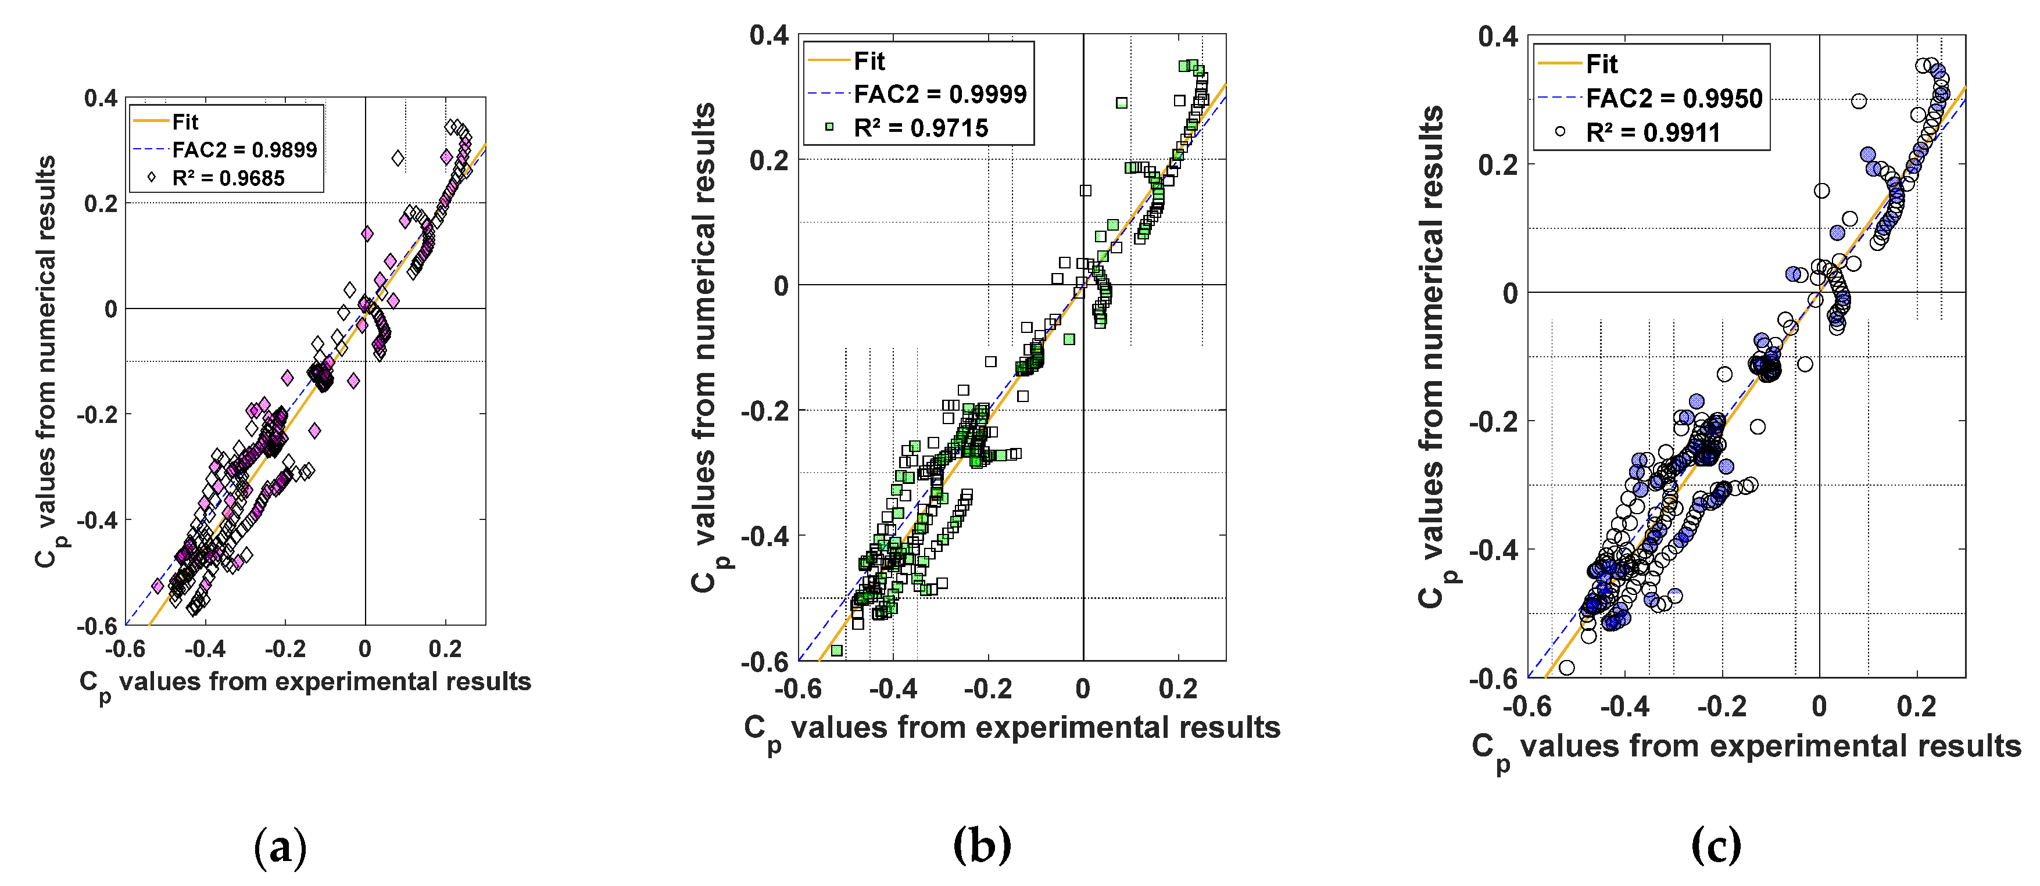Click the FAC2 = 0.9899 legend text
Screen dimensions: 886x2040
coord(244,150)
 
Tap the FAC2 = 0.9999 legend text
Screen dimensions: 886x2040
coord(939,94)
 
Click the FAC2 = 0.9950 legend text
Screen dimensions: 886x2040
coord(1674,98)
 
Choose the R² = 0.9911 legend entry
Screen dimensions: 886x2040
coord(1653,132)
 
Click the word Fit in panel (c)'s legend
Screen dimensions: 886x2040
coord(1601,63)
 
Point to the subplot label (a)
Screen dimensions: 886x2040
coord(280,847)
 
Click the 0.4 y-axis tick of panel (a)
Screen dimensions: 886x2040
coord(101,98)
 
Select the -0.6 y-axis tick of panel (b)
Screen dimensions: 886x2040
coord(764,662)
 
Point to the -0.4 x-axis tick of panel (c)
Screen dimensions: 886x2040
coord(1624,706)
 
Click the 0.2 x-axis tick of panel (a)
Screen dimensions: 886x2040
coord(445,650)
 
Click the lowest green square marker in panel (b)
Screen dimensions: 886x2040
coord(836,650)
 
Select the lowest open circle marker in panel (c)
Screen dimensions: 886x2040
coord(1566,668)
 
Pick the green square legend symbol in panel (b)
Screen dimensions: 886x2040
coord(829,127)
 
